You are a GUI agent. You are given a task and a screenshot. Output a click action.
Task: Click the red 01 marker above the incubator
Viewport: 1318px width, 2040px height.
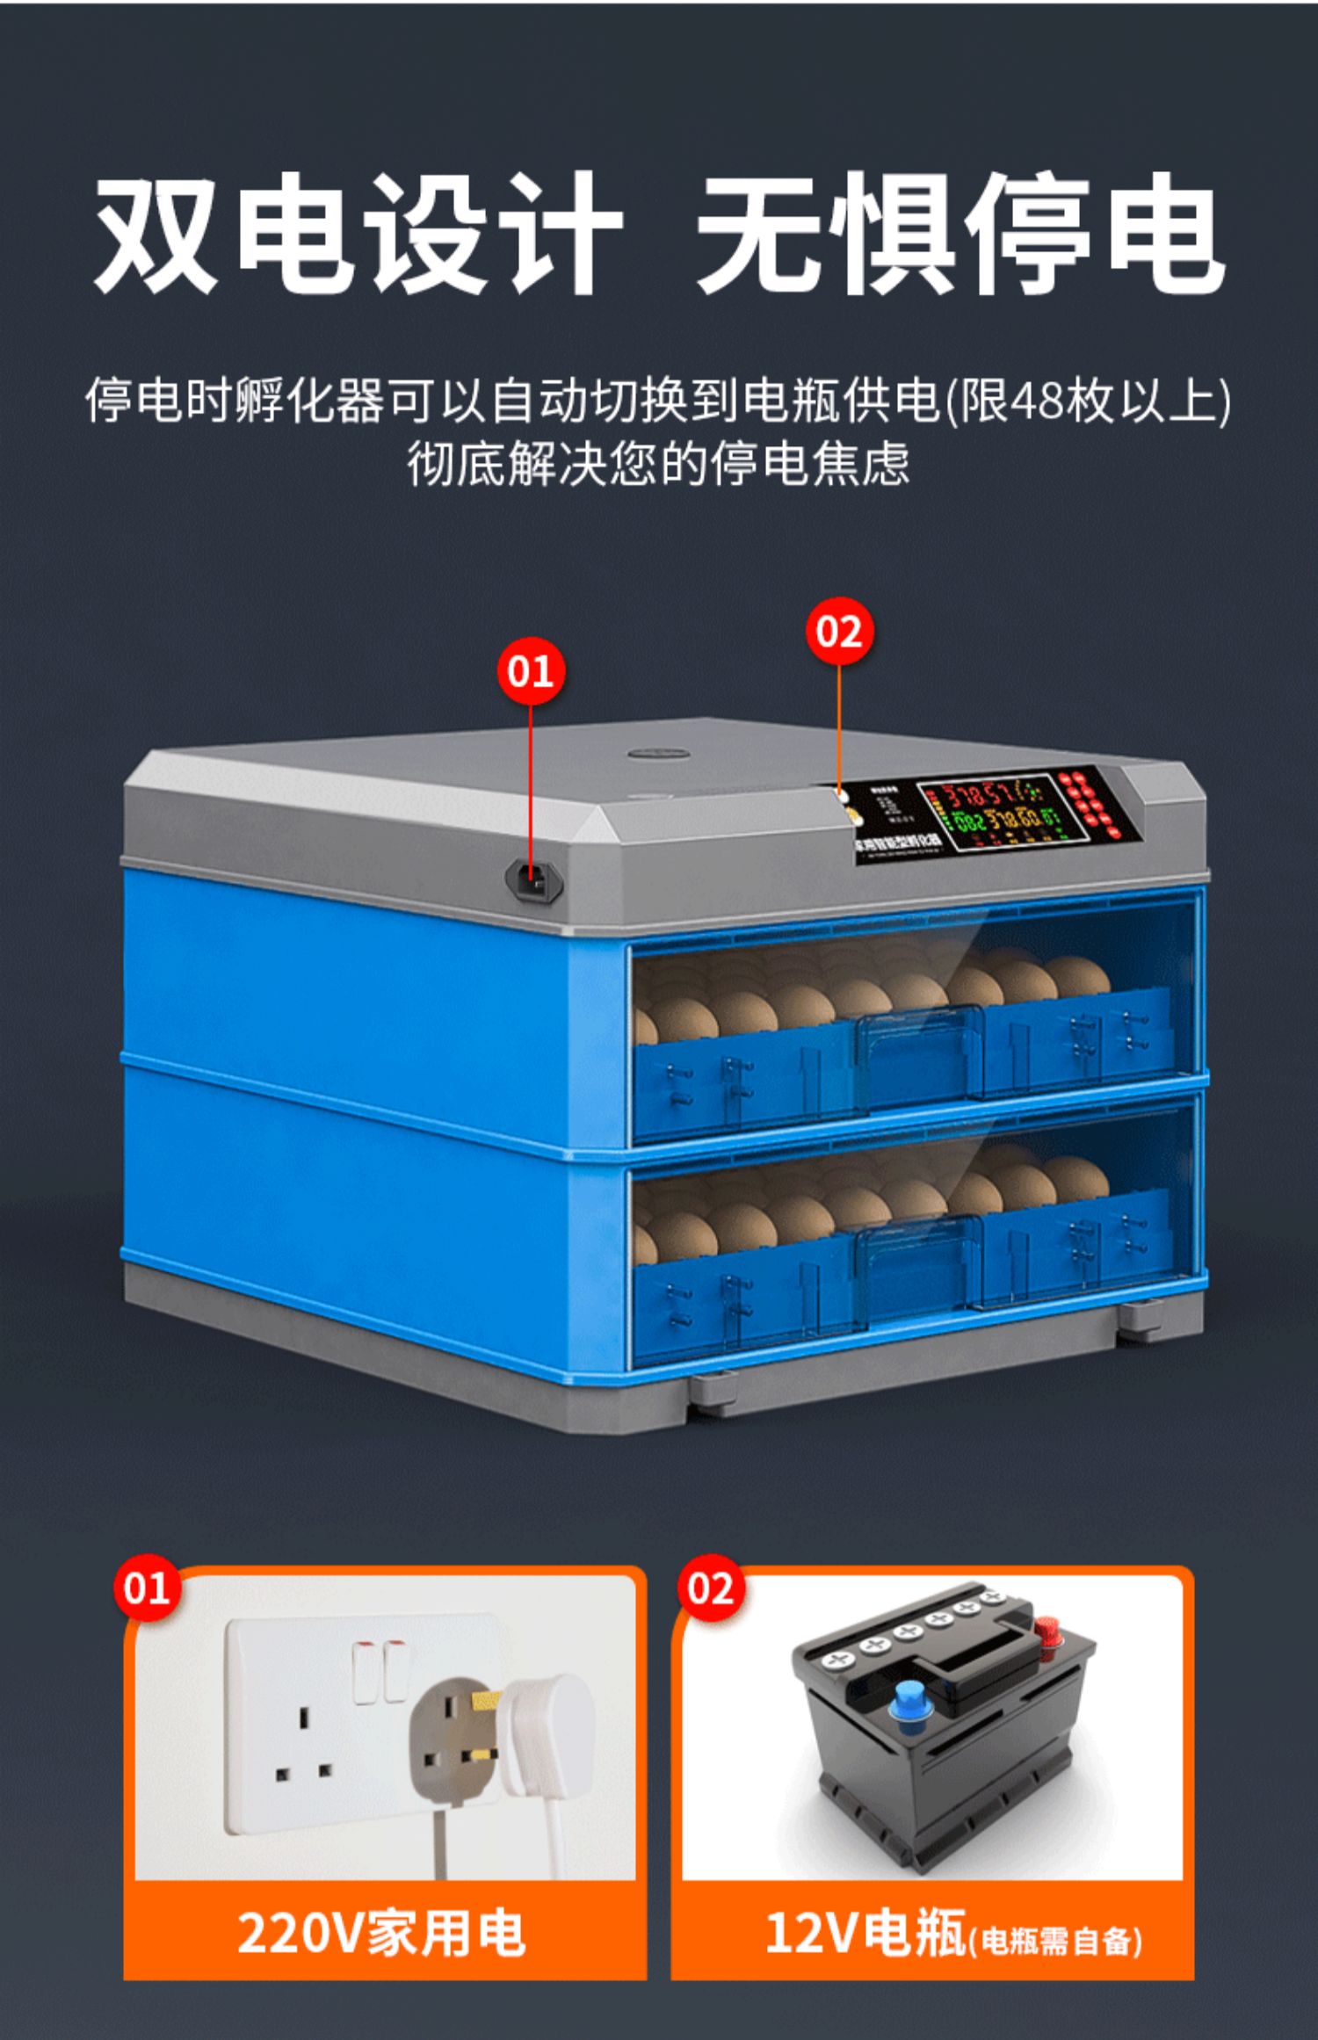(530, 672)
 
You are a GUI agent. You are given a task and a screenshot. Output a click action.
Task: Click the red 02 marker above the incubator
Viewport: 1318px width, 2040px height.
(839, 632)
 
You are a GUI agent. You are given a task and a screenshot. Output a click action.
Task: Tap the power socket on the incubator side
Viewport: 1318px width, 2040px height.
(533, 879)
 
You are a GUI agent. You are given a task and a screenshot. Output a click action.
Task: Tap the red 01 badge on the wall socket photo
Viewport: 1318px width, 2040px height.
(146, 1588)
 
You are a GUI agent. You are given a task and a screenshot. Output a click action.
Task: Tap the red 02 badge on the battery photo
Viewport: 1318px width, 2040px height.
(710, 1588)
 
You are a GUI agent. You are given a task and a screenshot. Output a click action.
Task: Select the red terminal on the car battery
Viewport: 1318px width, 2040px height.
(1046, 1632)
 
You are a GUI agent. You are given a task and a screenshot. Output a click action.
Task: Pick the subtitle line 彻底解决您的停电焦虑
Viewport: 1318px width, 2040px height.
(657, 464)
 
